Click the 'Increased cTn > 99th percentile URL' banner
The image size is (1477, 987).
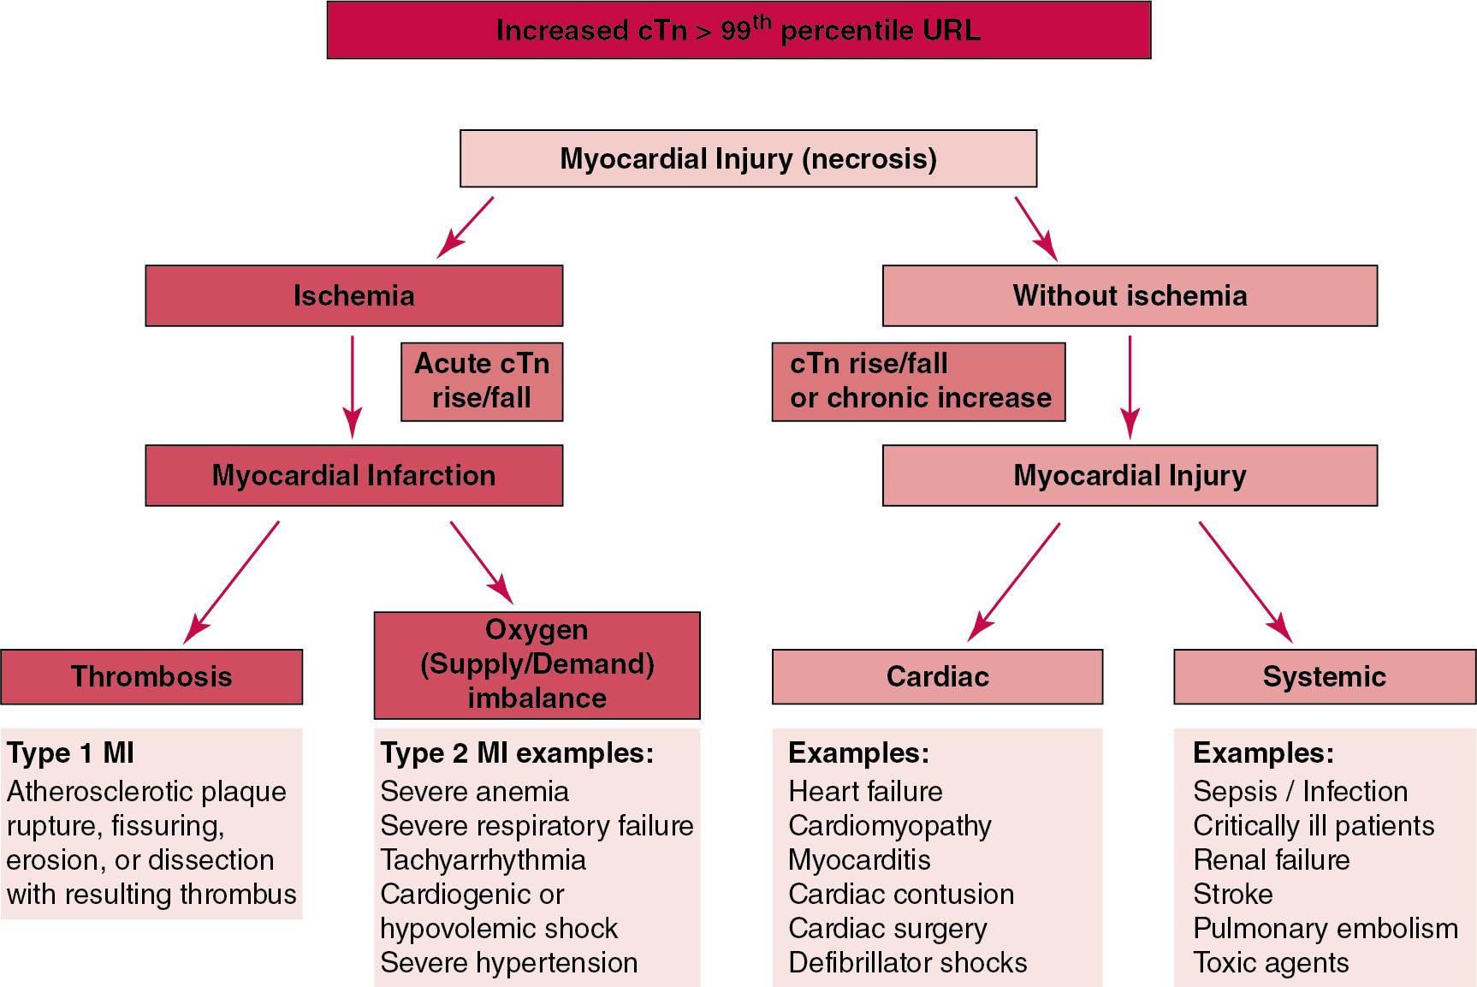[738, 31]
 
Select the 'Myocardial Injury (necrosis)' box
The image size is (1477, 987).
[748, 158]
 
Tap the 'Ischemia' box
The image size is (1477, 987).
[353, 295]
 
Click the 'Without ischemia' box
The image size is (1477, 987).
[1130, 295]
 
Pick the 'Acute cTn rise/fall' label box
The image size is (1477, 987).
[482, 381]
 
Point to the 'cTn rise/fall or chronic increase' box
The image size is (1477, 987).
[918, 381]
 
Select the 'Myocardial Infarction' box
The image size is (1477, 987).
[353, 475]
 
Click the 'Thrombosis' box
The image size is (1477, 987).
[151, 676]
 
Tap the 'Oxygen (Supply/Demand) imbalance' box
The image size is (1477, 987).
[537, 664]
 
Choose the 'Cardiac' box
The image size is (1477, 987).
[937, 676]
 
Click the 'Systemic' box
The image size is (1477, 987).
[1324, 676]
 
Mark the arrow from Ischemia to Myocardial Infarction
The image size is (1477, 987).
[352, 385]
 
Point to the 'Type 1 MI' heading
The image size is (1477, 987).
[70, 753]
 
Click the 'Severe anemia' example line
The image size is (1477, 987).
[474, 792]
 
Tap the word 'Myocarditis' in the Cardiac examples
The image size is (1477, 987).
[858, 860]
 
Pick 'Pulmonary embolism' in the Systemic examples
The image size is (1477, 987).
[1325, 929]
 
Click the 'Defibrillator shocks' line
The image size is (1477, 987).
[907, 963]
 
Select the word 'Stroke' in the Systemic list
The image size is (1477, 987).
[1232, 895]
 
